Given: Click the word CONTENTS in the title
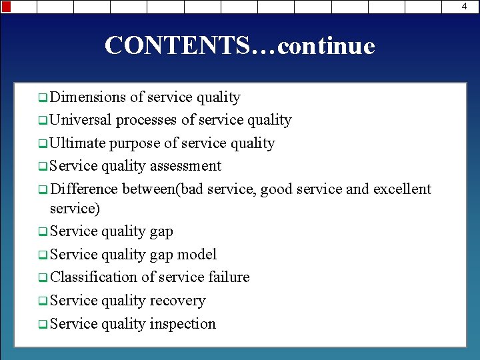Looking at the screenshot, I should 177,46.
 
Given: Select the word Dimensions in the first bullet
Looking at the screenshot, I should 87,97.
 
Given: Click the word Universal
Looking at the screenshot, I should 81,120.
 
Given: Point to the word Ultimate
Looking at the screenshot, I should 77,143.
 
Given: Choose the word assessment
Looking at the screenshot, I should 186,166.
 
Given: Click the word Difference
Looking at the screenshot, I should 83,189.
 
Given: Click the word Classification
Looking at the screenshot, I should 93,277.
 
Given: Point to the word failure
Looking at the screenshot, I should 229,277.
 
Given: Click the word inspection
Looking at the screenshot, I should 183,324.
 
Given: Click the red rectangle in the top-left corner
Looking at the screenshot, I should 6,7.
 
